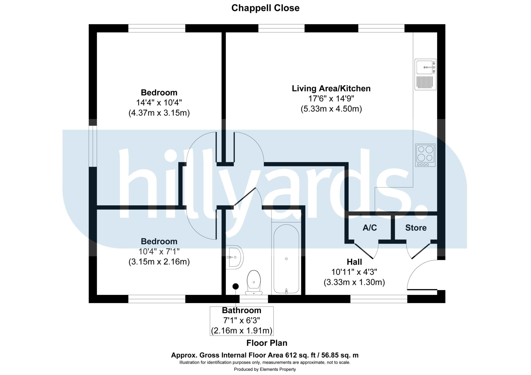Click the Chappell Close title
point(265,8)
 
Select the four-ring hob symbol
point(425,155)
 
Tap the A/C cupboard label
point(369,228)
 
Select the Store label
point(416,228)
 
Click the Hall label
point(354,262)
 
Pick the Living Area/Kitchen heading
point(331,88)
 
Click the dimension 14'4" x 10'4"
point(159,103)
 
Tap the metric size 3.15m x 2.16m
point(159,262)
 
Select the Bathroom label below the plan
point(241,310)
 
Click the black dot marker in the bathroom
point(235,286)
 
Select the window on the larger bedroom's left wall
point(93,146)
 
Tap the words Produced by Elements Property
point(265,369)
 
